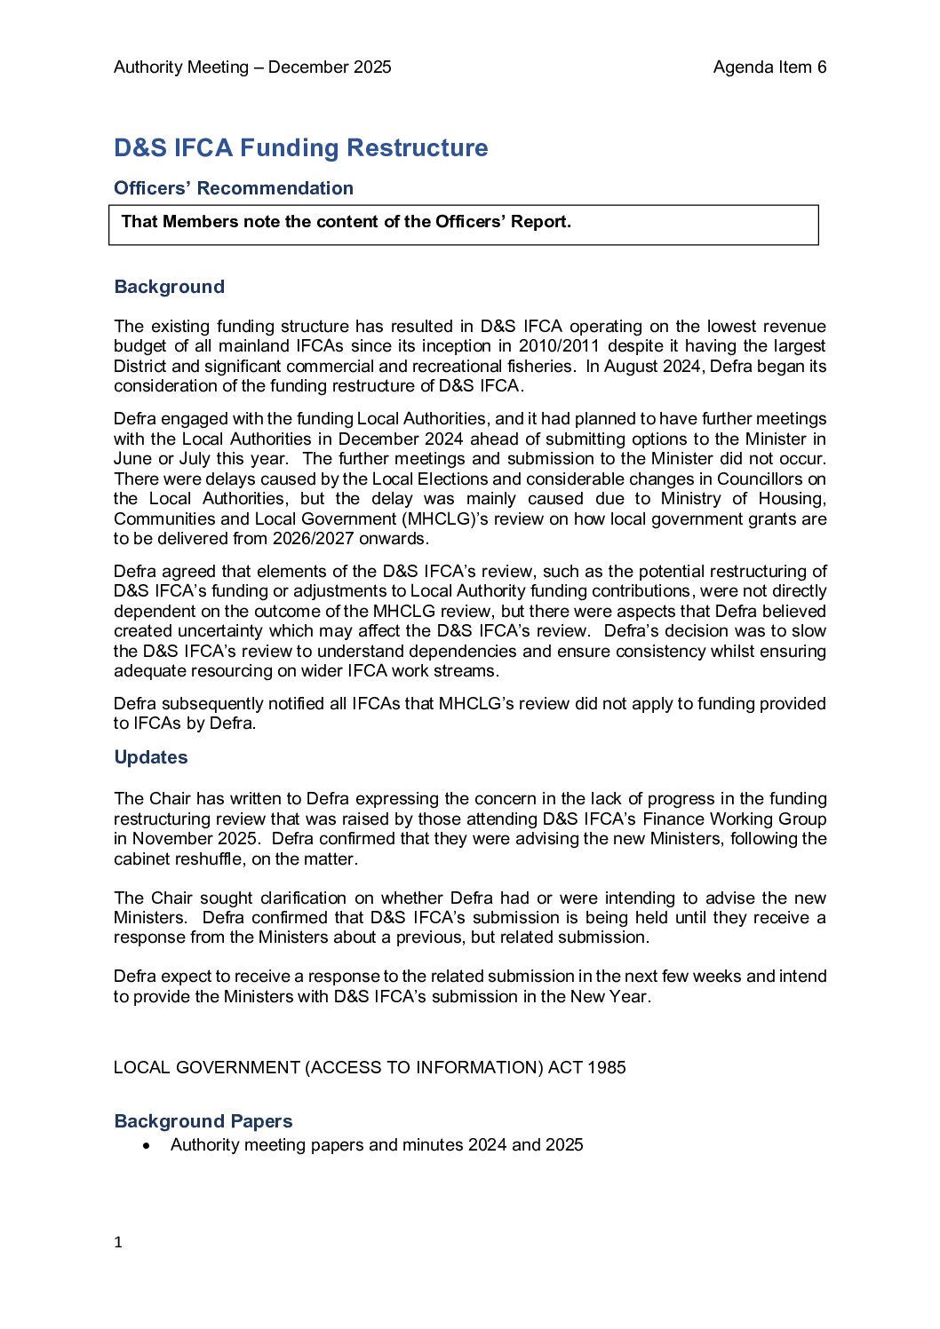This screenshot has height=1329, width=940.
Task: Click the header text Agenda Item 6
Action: click(x=769, y=67)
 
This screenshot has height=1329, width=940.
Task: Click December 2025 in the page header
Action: click(x=330, y=67)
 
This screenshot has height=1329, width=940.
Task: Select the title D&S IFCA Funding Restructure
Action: click(x=300, y=147)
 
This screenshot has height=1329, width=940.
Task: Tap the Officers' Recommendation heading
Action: click(x=234, y=188)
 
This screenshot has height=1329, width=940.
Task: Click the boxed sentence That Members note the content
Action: click(x=346, y=222)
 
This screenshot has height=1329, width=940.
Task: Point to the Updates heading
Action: click(x=151, y=757)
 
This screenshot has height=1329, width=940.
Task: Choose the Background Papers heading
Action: click(x=203, y=1121)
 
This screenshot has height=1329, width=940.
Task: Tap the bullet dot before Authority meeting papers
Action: click(x=147, y=1146)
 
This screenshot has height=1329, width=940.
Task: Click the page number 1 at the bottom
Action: click(x=118, y=1243)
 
